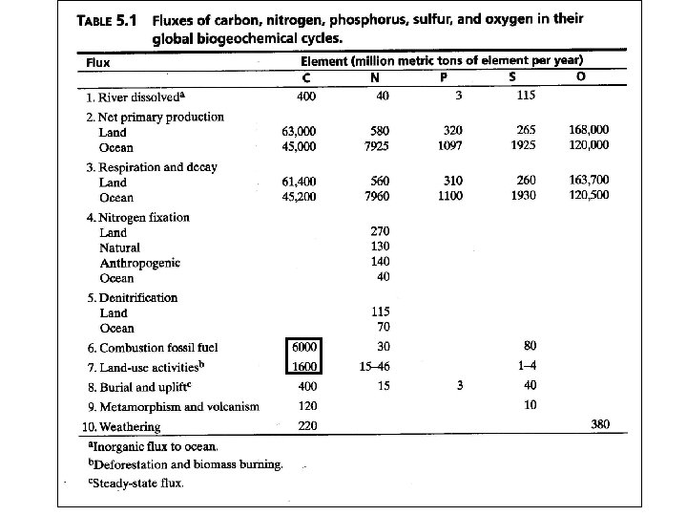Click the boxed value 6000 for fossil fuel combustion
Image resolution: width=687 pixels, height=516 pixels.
303,346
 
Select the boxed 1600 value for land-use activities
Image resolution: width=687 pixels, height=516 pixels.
303,365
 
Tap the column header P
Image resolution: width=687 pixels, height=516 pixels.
457,76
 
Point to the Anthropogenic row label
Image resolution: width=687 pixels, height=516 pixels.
139,263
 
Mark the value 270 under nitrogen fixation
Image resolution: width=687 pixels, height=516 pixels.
381,231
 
